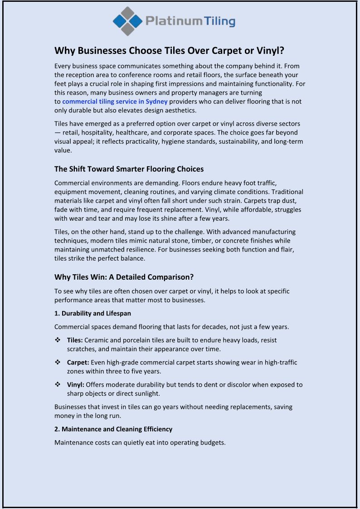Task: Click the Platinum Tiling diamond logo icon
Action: point(128,21)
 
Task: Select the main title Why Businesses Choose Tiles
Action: point(169,50)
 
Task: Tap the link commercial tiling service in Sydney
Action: point(115,102)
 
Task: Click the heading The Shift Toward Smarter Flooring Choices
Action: point(129,169)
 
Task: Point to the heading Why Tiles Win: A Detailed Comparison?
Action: point(124,277)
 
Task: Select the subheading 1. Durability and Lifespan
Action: point(92,313)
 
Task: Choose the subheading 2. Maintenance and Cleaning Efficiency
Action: point(113,429)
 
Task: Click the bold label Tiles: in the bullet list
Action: point(75,340)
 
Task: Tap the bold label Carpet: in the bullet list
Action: point(78,362)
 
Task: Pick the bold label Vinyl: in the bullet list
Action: point(76,384)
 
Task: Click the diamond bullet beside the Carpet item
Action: point(58,362)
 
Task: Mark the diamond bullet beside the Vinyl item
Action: point(58,384)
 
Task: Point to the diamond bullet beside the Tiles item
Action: point(58,340)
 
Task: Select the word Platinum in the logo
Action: point(174,21)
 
